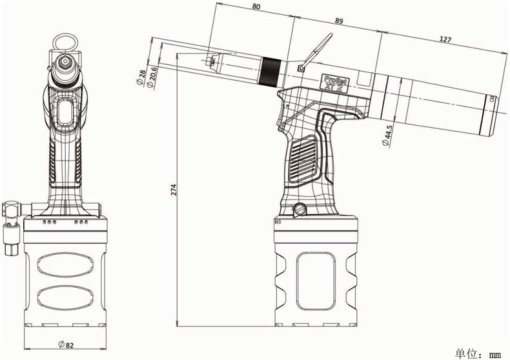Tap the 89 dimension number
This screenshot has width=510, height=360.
(338, 21)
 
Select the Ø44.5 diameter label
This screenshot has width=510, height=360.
(387, 137)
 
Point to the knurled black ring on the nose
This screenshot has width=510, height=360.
(269, 72)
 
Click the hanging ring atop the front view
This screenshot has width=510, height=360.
(65, 41)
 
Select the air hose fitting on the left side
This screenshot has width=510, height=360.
(12, 226)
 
